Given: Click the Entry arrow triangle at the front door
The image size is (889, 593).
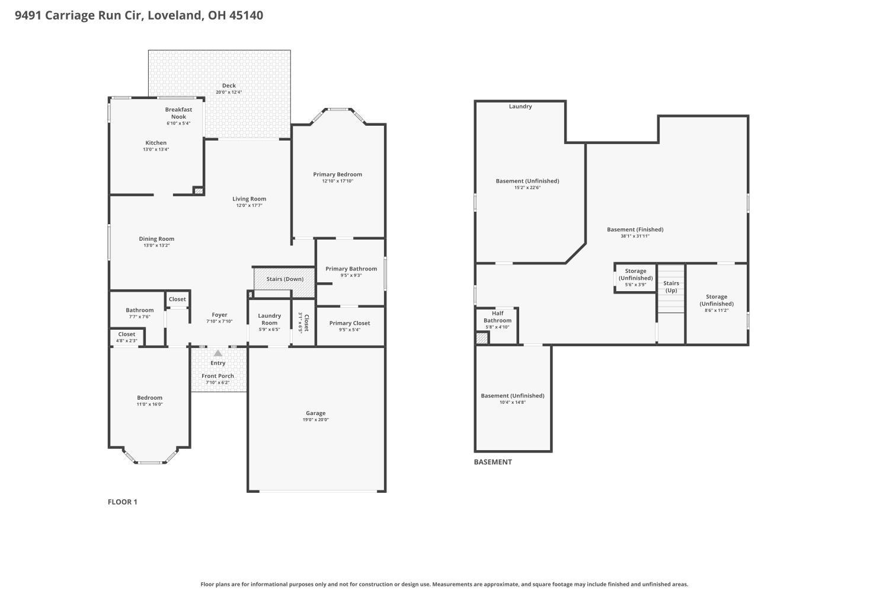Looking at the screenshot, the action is (218, 353).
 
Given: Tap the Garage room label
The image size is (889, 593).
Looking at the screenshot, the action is (315, 413).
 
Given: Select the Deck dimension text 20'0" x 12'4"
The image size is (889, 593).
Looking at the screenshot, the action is (229, 92).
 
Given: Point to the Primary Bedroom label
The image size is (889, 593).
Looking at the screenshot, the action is (337, 174).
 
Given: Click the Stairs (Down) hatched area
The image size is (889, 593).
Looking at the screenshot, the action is (284, 279).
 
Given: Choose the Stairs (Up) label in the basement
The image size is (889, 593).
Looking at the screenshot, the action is (671, 287).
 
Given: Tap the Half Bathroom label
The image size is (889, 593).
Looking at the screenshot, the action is (497, 317).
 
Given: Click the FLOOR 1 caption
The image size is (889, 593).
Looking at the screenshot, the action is (122, 502).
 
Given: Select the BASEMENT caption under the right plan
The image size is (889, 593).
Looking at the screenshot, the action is (493, 462).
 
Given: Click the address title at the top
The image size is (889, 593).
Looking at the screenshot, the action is (139, 15).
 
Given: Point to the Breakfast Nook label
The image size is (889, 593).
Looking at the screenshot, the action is (178, 113).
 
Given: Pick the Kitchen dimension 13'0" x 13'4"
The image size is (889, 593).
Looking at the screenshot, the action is (156, 149).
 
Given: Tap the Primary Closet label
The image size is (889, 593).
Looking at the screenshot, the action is (349, 323).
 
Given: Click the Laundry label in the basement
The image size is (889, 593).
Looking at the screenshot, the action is (520, 107).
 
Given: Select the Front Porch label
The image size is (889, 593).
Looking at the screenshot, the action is (218, 376).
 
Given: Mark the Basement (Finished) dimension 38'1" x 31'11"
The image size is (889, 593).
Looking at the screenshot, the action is (635, 236).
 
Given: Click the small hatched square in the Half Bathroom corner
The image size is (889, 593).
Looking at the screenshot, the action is (482, 338).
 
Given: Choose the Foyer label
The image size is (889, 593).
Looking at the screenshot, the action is (219, 315).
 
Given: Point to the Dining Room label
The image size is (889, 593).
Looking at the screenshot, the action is (156, 239).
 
